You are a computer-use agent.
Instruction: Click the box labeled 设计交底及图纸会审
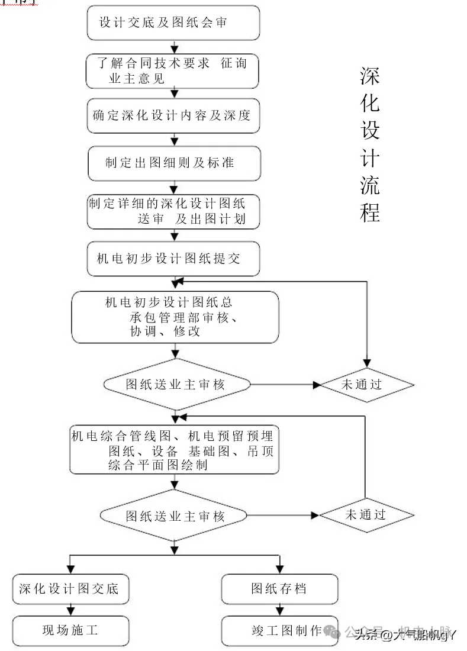173,23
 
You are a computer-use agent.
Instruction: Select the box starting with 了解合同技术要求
173,71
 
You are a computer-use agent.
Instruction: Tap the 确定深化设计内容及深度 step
173,115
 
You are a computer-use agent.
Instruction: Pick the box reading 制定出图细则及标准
173,163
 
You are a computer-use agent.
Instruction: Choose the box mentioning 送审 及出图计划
173,211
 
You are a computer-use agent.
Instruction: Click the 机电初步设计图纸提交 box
173,259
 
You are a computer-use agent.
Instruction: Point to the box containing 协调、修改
175,317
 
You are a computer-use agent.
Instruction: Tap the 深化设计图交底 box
70,588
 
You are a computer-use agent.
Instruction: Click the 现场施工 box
70,630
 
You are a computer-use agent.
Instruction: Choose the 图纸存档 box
279,588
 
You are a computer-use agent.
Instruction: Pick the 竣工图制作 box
279,630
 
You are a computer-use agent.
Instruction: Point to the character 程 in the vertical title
370,212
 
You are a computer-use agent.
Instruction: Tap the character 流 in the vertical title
370,185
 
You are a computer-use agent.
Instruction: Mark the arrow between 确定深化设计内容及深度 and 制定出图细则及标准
174,139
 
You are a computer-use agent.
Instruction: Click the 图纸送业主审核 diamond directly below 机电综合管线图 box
175,515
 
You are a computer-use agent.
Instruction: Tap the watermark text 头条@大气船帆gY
405,636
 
